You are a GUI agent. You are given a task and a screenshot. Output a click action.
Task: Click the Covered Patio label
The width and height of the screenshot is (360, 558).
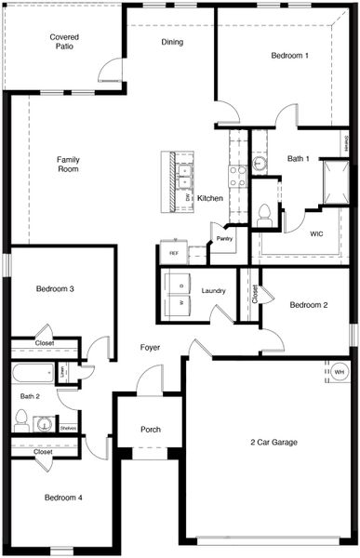click(63, 40)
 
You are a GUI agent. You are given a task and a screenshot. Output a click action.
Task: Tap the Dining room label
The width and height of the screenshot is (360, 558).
click(172, 42)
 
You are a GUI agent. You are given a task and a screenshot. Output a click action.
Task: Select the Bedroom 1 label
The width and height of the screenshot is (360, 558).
click(290, 56)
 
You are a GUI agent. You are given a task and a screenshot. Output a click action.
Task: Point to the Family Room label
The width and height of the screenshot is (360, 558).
click(68, 165)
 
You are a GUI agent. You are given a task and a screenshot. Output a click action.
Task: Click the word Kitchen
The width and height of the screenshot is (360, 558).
click(210, 198)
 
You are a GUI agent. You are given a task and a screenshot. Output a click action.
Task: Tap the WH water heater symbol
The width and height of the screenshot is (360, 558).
click(339, 372)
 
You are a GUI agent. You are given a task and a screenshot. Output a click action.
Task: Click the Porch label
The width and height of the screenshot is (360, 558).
click(151, 430)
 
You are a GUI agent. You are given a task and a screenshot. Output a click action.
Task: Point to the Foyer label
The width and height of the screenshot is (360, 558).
click(150, 348)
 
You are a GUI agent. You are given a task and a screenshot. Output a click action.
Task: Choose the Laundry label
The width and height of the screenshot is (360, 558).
click(213, 291)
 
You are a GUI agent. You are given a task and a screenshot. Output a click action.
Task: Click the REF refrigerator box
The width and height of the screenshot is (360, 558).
click(173, 253)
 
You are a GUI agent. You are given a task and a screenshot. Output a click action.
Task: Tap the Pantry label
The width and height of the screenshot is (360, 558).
click(224, 239)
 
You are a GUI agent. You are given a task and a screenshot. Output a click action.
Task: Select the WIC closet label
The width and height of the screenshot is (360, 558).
click(316, 234)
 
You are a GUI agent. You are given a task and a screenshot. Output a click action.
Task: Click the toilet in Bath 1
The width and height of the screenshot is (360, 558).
click(264, 214)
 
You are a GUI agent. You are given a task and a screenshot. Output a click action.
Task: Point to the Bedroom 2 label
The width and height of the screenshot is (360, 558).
click(308, 305)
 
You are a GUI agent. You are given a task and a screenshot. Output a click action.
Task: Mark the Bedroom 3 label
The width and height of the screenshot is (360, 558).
click(55, 289)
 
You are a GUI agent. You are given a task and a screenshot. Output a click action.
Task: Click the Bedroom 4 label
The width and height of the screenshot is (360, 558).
click(63, 498)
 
